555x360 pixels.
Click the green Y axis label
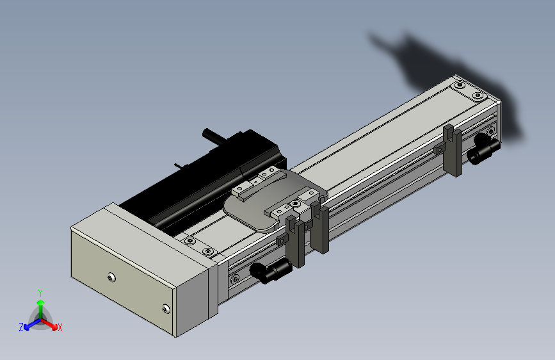[40, 293]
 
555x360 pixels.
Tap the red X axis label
[60, 327]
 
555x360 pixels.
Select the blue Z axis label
[21, 327]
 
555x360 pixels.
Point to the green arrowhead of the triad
[41, 302]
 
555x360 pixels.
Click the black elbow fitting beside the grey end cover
[271, 270]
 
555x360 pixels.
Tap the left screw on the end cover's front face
[111, 277]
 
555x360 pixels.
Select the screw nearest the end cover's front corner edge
[166, 309]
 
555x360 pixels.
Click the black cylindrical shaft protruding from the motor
[215, 137]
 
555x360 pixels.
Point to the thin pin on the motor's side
[179, 166]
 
